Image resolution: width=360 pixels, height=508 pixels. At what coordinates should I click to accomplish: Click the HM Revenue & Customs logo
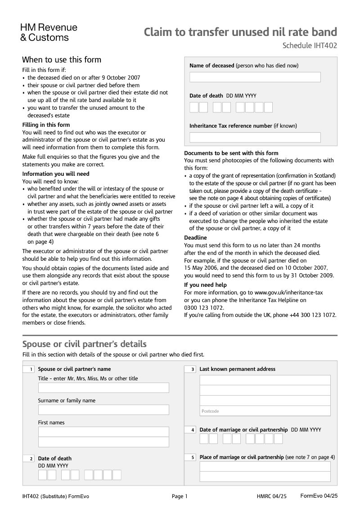(49, 32)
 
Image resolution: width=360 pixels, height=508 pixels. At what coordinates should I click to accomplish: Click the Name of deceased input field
(255, 77)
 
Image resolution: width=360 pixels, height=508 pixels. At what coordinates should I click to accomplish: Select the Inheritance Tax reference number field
(255, 138)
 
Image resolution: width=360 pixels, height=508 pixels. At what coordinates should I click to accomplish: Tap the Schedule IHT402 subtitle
(310, 45)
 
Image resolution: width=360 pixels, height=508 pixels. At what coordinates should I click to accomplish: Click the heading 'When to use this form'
(62, 60)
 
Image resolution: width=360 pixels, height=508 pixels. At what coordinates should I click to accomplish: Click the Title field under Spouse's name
(103, 388)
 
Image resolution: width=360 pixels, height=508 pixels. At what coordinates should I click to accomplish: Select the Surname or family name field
(103, 410)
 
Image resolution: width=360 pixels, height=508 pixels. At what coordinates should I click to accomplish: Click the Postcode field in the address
(265, 411)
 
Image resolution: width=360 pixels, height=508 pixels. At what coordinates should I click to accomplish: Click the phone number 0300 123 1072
(204, 308)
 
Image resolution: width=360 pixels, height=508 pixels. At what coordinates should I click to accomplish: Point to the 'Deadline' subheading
(196, 238)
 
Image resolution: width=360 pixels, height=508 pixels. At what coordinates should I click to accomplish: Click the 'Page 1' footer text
(180, 497)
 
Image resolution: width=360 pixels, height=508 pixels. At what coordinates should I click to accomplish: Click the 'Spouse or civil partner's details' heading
(84, 344)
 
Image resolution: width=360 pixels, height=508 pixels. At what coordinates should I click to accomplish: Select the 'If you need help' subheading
(205, 285)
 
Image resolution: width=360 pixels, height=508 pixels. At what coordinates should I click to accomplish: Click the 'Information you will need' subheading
(56, 174)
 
